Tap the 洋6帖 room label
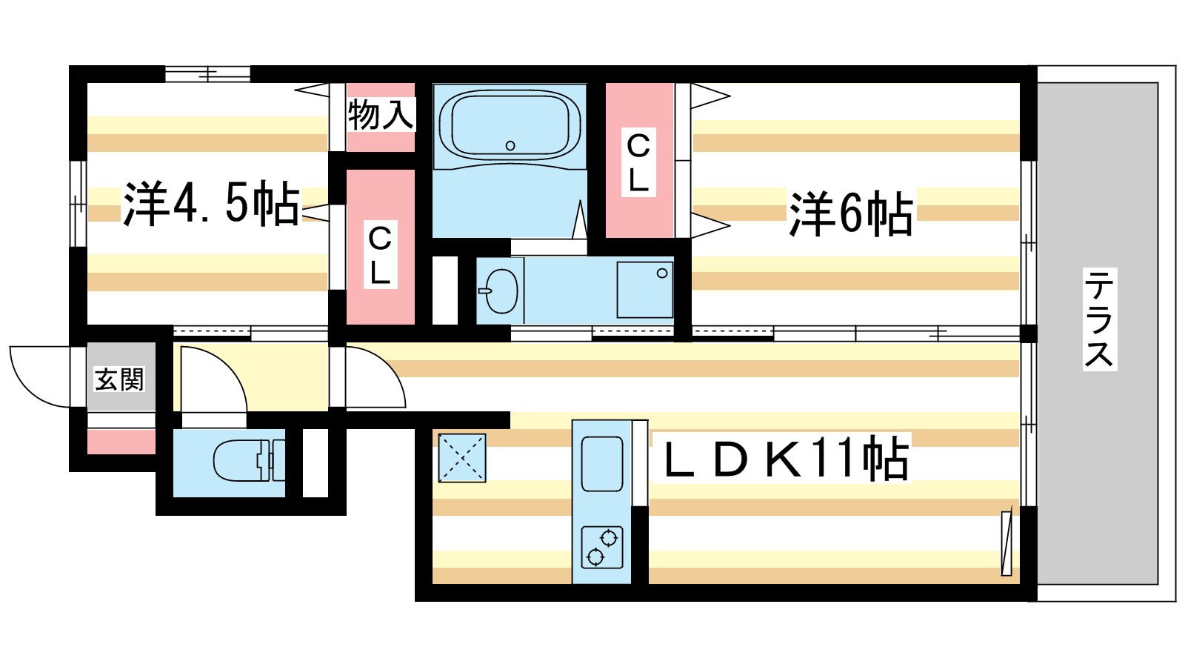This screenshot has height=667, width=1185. click(851, 213)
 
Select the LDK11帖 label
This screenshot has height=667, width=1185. click(786, 459)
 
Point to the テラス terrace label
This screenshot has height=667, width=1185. click(1099, 319)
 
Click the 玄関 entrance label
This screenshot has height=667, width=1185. click(119, 379)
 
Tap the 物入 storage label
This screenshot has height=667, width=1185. click(381, 114)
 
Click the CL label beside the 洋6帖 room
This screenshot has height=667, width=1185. click(638, 162)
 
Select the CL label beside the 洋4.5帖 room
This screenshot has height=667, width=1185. click(380, 255)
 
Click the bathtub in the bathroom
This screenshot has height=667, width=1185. click(510, 125)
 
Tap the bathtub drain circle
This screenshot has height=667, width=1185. click(510, 145)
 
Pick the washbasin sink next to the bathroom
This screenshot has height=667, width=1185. click(501, 291)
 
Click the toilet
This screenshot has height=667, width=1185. click(250, 460)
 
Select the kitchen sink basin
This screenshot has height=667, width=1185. click(602, 464)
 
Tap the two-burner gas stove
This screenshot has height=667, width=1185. click(602, 548)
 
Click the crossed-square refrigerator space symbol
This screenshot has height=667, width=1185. click(462, 458)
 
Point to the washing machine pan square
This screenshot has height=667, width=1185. click(645, 290)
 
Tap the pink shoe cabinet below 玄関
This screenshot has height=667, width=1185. click(121, 442)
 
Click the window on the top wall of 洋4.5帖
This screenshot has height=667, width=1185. click(207, 73)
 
